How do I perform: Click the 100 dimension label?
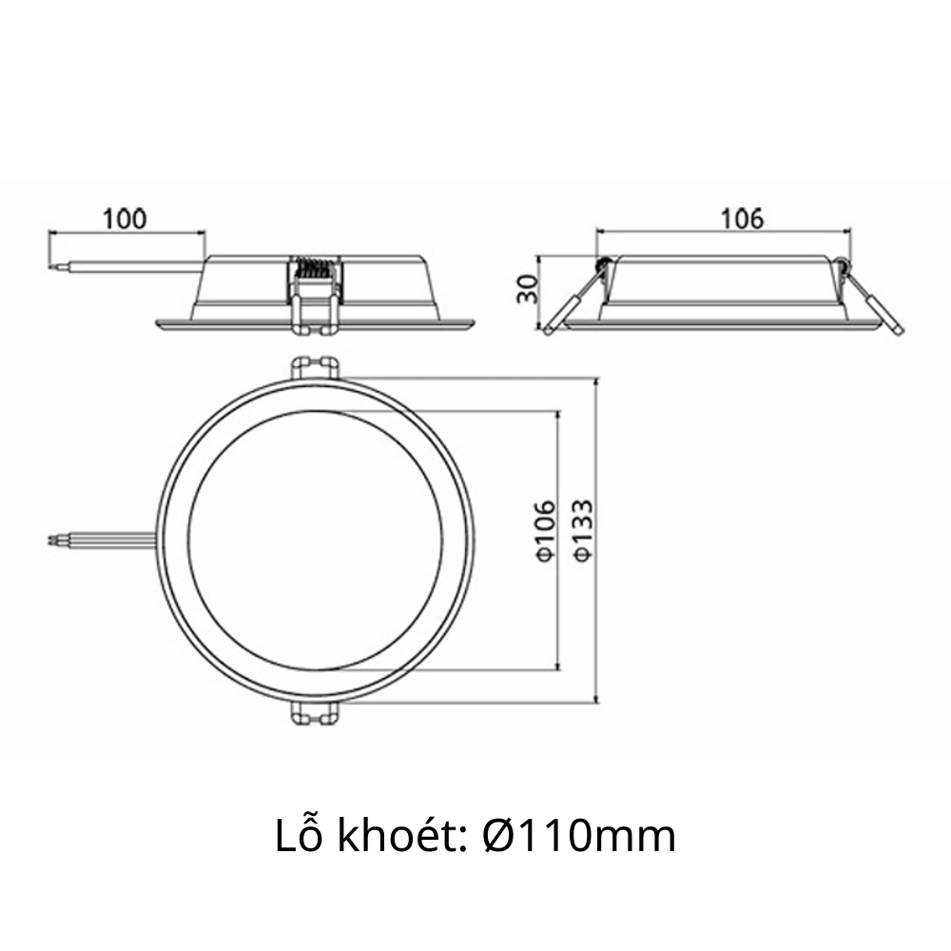tap(126, 218)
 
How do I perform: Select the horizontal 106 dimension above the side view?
tap(743, 218)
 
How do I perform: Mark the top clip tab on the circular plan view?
tap(315, 368)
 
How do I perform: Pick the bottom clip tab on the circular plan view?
tap(315, 714)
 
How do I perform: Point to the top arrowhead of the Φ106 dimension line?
tap(556, 417)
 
